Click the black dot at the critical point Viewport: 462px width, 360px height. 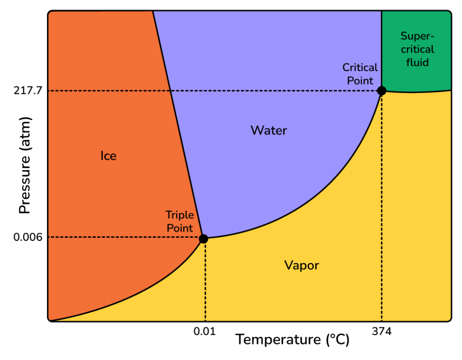382,91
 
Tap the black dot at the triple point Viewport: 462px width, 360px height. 203,239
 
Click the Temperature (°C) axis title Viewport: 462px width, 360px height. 292,340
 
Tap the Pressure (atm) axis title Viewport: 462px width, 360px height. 25,166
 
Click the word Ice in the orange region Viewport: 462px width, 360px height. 108,156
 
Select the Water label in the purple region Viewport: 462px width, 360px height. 269,131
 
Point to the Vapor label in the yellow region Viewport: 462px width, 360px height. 301,265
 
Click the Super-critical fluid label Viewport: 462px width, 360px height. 417,49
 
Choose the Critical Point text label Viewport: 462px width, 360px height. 360,74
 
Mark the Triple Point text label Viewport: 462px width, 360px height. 180,222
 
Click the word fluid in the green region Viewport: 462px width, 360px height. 417,62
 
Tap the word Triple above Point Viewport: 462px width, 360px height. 180,215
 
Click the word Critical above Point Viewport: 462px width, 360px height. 360,68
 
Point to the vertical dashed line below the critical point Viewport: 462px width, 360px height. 382,208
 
